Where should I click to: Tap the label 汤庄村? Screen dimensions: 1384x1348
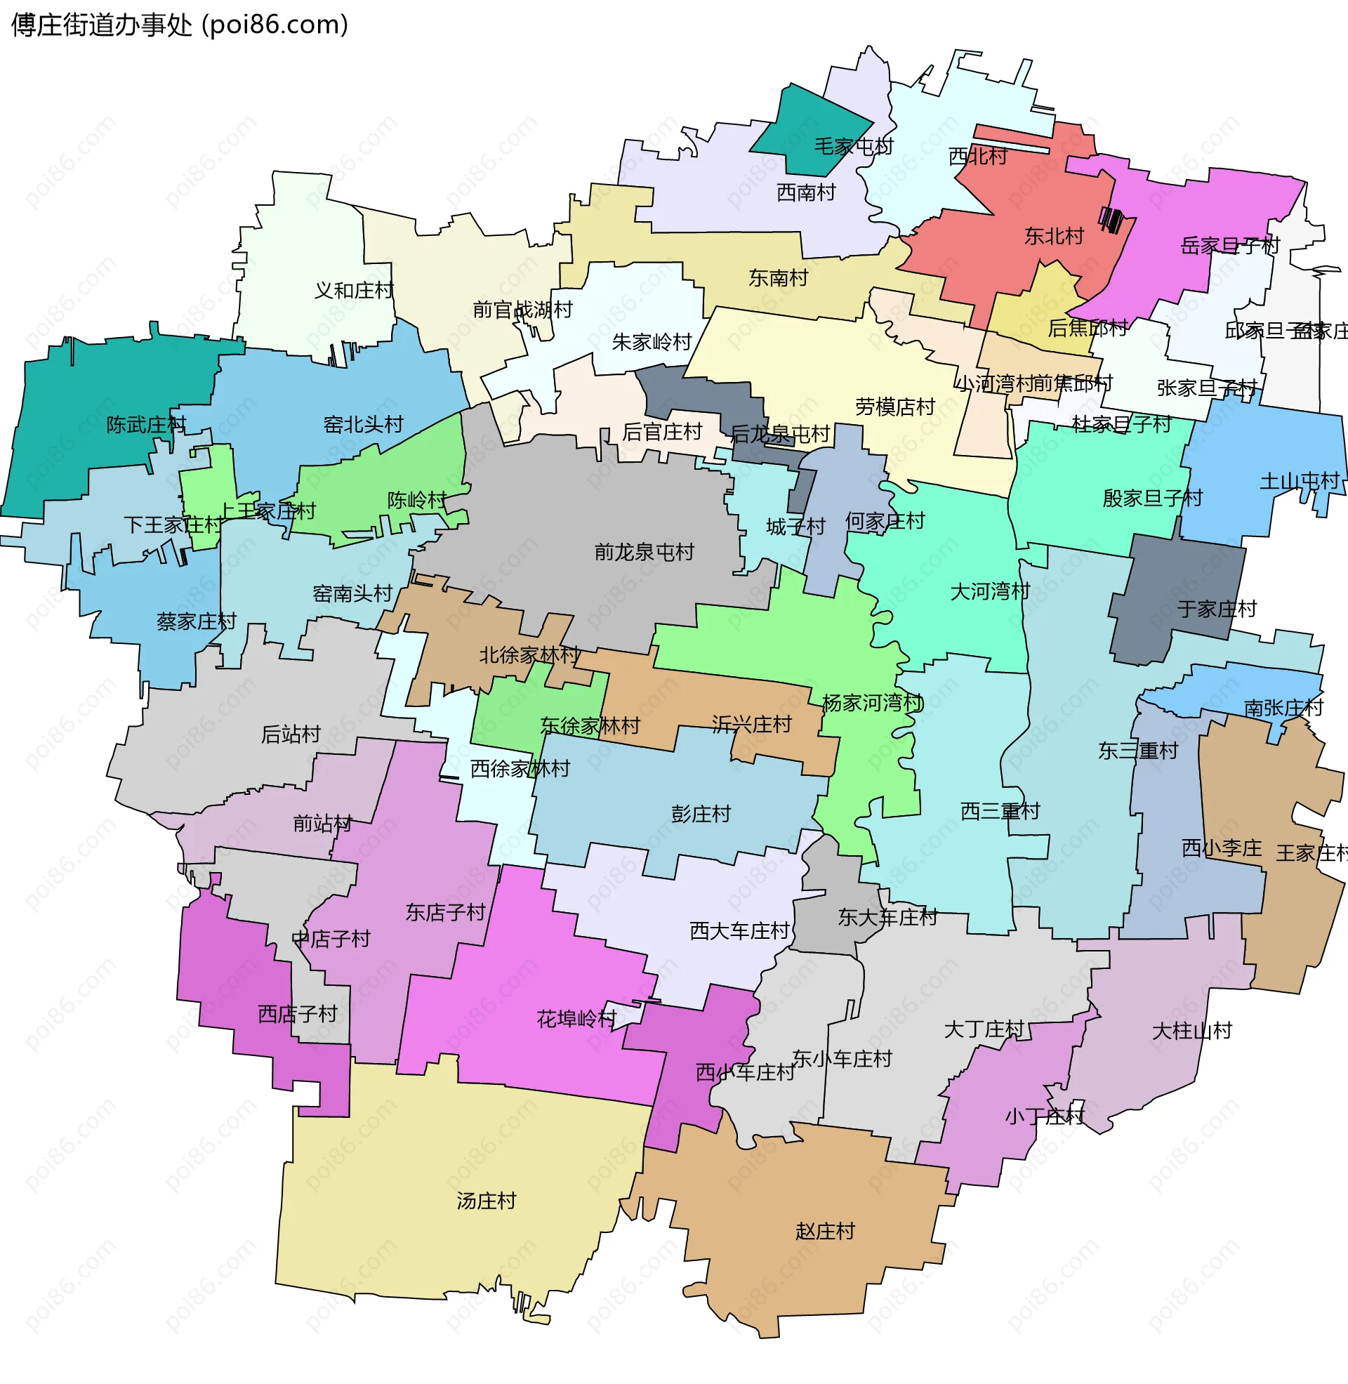[x=487, y=1201]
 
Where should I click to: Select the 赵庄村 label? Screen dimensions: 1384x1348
[x=825, y=1231]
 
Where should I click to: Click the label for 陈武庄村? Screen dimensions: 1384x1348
[x=147, y=425]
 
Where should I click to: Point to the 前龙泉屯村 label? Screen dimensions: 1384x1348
[x=645, y=552]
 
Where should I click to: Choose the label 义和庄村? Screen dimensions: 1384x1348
[x=354, y=290]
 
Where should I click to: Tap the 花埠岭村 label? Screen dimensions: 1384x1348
[x=577, y=1019]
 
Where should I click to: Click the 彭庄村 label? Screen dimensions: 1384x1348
[x=701, y=814]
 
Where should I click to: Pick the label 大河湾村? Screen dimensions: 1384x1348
[x=990, y=591]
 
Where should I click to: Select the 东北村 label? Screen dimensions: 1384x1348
[x=1055, y=236]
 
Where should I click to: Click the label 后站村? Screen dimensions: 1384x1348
[x=291, y=734]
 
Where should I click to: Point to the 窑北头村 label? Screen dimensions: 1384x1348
[x=363, y=425]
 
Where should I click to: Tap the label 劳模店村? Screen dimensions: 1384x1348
[x=896, y=407]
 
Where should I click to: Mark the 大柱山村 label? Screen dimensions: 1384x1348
[x=1192, y=1031]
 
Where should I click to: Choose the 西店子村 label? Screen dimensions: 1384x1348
[x=298, y=1014]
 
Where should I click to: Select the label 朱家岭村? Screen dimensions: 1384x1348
[x=652, y=343]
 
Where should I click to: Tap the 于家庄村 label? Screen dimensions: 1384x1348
[x=1216, y=609]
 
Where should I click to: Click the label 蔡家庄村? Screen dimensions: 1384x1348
[x=196, y=621]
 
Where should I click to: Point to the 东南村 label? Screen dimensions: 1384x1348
[x=778, y=278]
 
